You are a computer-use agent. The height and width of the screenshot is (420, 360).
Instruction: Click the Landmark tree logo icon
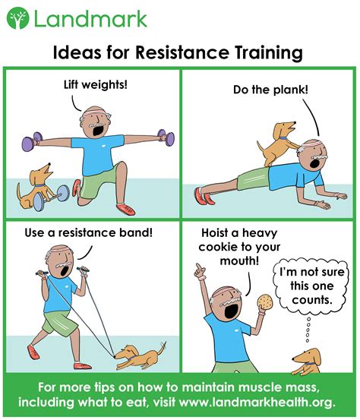pos(17,18)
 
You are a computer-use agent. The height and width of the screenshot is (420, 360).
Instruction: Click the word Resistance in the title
pos(182,52)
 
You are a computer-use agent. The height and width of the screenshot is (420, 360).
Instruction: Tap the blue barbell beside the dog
pos(51,197)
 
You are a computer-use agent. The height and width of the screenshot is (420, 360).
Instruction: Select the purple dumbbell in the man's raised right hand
pos(32,141)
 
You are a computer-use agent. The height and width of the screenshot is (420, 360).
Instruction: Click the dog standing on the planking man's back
pos(276,144)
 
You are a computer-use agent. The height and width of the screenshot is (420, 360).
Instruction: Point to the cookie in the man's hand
pos(265,302)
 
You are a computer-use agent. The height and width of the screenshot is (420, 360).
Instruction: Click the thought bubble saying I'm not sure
pos(311,286)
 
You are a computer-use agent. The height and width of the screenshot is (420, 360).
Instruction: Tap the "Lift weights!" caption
pos(96,85)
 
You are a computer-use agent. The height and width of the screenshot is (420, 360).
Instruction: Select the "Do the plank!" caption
pos(270,90)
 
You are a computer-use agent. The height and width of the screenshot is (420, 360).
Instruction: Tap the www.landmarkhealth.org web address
pos(257,402)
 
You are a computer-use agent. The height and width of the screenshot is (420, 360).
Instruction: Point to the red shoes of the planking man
pos(204,196)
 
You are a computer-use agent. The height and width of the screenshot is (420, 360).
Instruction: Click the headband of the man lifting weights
pos(95,112)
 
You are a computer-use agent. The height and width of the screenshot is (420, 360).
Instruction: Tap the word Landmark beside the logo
pos(91,18)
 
